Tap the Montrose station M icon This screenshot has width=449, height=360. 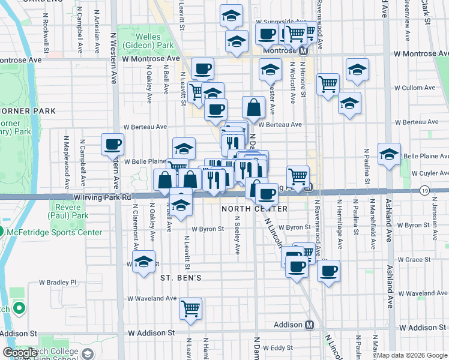303,52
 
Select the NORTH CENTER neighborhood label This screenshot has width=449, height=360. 255,209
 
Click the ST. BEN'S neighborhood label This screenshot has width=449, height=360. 180,278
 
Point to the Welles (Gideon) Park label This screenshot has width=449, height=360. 148,40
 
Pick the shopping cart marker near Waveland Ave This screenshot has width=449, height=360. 190,308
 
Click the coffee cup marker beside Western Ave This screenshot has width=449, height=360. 112,144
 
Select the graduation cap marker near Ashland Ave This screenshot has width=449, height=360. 389,154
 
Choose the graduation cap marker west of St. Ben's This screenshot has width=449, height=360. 143,263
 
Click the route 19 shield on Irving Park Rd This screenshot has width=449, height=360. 424,190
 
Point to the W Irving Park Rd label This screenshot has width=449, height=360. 103,197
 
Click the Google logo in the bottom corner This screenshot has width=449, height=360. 20,353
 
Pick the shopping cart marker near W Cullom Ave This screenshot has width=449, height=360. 328,85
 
